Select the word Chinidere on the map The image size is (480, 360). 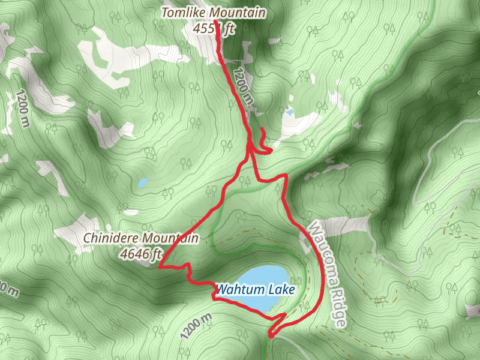pyautogui.click(x=107, y=239)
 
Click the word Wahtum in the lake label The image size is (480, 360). pyautogui.click(x=236, y=290)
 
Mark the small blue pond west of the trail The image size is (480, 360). pyautogui.click(x=142, y=182)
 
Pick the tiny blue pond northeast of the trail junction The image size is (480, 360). pyautogui.click(x=290, y=112)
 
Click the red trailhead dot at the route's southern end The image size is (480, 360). pyautogui.click(x=271, y=337)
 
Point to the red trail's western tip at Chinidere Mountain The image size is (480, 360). pyautogui.click(x=159, y=268)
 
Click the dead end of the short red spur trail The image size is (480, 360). pyautogui.click(x=262, y=130)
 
